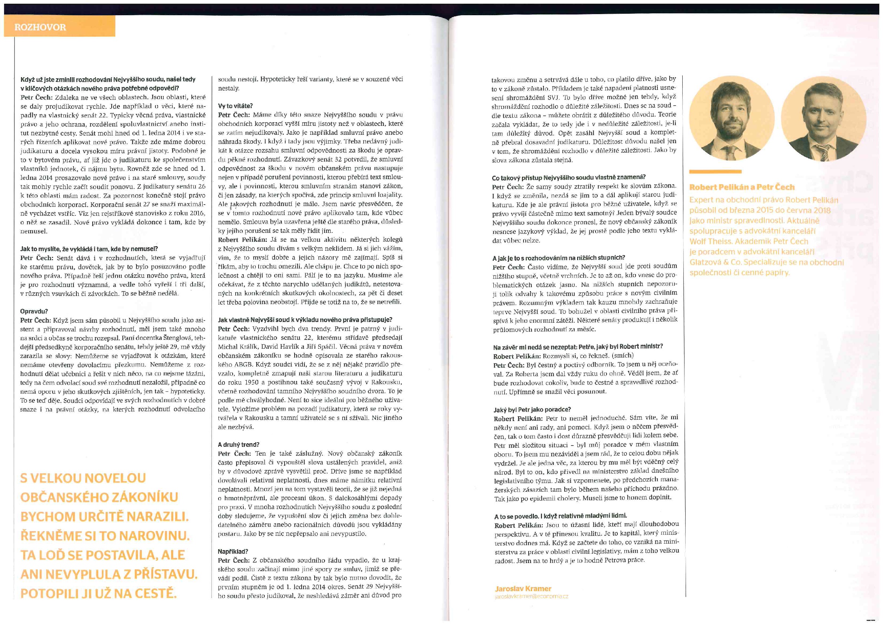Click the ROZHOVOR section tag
[40, 27]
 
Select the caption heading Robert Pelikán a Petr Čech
[742, 188]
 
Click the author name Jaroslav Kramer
[523, 589]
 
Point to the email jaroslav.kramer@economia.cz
[532, 596]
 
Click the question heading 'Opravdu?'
[34, 311]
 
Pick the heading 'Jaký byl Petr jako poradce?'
[532, 409]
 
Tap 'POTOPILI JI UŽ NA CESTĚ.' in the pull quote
[98, 594]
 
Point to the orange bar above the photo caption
[715, 172]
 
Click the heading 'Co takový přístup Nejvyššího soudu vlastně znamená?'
[568, 178]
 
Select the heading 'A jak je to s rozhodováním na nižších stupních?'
[558, 257]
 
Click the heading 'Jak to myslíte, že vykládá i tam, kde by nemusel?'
[89, 249]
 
